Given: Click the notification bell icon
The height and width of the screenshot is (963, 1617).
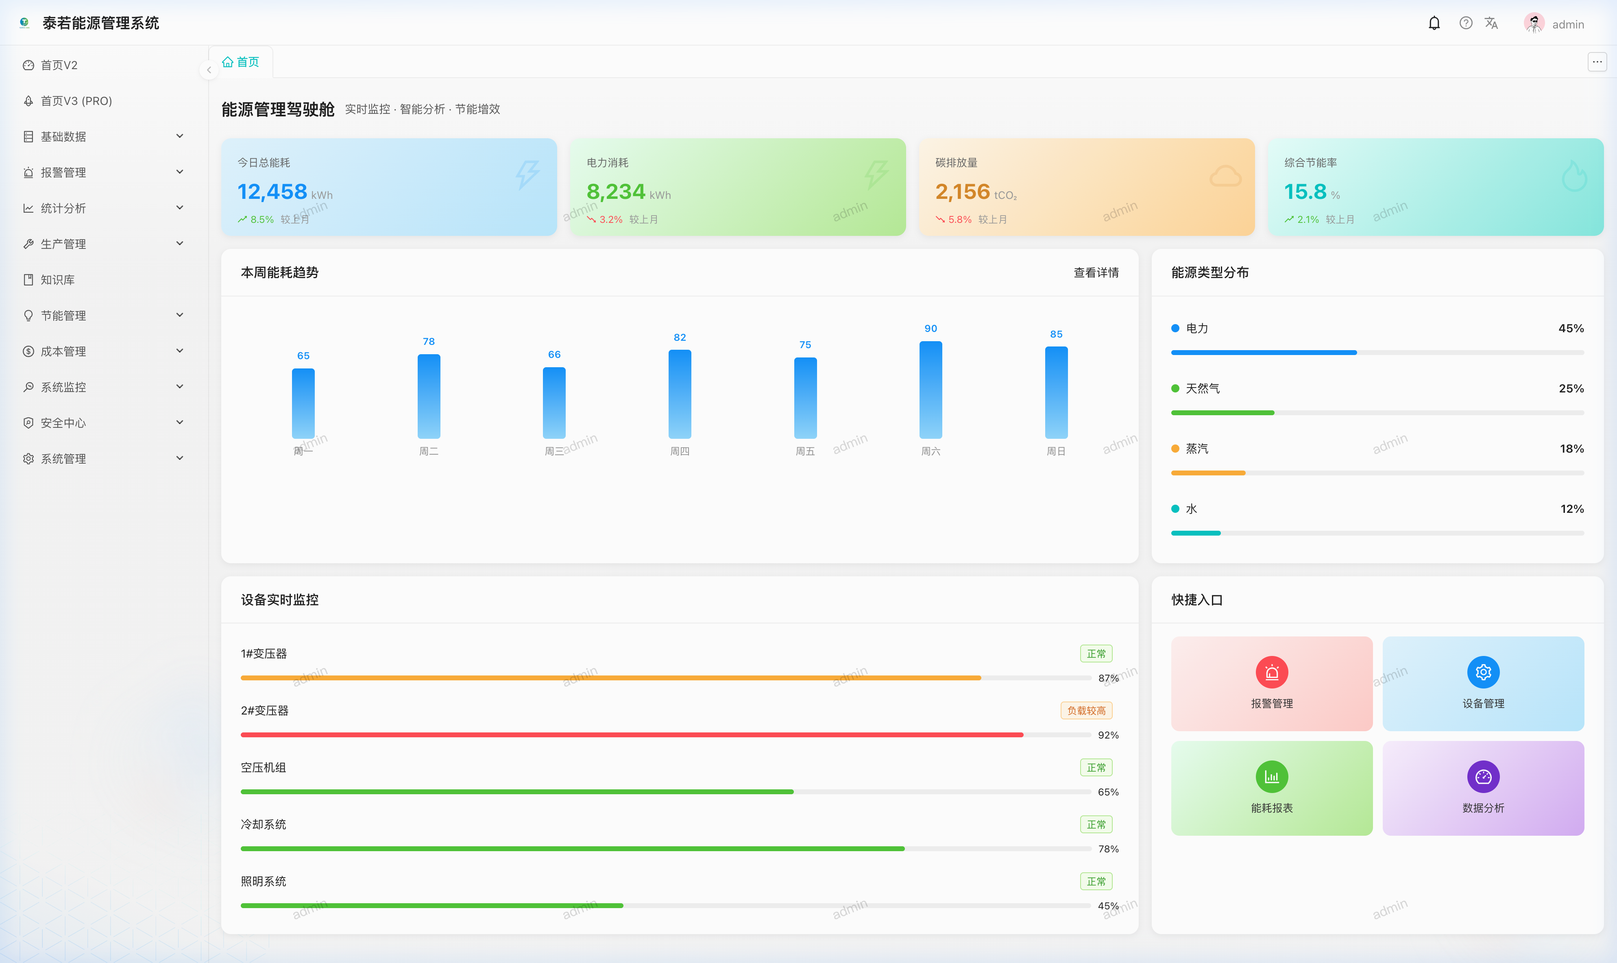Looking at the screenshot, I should click(x=1434, y=23).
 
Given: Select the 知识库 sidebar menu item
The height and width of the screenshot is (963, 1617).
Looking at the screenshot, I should click(x=58, y=280).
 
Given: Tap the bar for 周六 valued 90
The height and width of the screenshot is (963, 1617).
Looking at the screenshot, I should click(x=931, y=389).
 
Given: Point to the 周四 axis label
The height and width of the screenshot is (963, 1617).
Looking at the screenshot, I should click(x=679, y=451).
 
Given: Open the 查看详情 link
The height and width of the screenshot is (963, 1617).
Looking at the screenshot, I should click(x=1096, y=272).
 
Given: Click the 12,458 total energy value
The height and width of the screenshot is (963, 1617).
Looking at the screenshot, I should click(x=272, y=192).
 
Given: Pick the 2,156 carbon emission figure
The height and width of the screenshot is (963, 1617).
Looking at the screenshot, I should click(x=962, y=192).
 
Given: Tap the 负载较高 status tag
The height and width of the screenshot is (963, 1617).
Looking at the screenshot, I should click(x=1086, y=710).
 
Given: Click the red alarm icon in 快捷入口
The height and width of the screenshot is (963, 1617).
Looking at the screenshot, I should click(x=1272, y=672).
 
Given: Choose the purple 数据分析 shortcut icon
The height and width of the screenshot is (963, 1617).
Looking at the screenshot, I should click(x=1483, y=777).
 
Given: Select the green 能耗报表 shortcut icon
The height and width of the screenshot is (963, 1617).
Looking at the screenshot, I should click(x=1272, y=777).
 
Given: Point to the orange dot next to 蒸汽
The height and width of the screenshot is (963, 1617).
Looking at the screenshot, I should click(x=1175, y=449).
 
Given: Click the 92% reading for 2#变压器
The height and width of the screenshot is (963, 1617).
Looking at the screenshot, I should click(x=1108, y=735).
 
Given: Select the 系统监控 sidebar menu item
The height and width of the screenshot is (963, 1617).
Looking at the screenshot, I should click(x=63, y=387).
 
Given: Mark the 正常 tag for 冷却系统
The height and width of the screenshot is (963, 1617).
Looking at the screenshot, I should click(x=1096, y=824).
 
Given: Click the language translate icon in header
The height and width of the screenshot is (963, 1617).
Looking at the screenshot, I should click(x=1491, y=23).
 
